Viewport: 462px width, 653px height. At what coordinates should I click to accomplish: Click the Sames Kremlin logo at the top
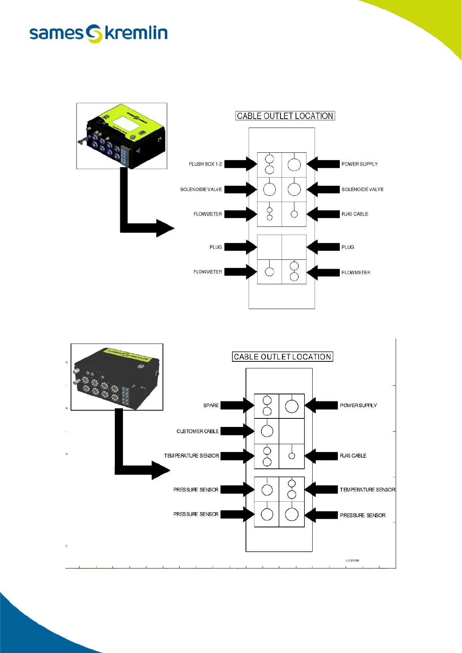[99, 33]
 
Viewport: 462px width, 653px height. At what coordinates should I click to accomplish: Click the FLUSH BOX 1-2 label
[205, 164]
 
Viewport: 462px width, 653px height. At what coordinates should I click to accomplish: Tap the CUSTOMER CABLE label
[197, 431]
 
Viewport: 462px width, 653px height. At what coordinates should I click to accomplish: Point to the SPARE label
[211, 406]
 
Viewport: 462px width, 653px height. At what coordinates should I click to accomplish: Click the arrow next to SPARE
[237, 406]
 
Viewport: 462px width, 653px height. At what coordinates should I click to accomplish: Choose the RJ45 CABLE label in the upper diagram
[355, 214]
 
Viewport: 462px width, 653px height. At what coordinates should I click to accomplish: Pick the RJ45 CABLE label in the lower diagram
[353, 456]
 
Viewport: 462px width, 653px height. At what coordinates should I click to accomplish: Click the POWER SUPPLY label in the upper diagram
[359, 164]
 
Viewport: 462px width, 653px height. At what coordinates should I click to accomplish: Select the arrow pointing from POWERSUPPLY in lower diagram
[321, 406]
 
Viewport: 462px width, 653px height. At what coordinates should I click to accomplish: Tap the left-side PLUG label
[216, 247]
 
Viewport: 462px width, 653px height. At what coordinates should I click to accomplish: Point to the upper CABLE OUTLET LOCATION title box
[285, 116]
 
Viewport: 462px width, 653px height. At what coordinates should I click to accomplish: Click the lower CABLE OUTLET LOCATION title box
[282, 357]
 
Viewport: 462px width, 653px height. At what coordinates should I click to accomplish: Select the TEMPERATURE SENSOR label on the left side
[192, 456]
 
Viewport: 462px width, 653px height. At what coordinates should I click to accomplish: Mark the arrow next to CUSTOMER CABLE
[237, 431]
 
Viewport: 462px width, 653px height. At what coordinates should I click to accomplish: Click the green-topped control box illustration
[122, 136]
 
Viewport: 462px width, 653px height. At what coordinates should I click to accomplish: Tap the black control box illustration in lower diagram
[117, 377]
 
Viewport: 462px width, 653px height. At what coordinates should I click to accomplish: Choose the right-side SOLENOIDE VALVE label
[362, 190]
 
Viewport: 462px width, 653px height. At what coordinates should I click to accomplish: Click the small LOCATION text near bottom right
[352, 560]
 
